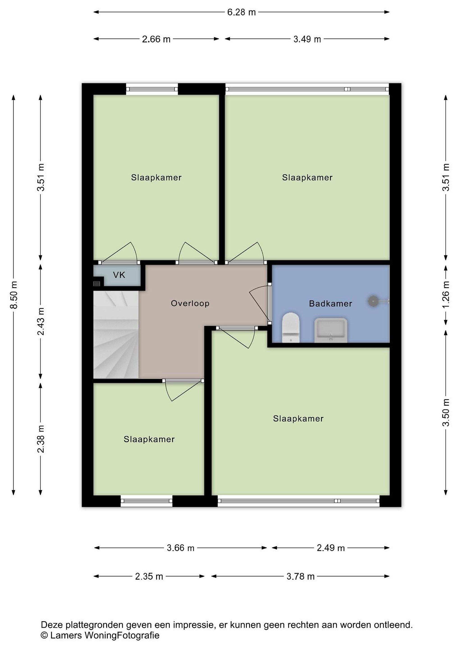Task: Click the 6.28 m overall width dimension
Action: click(x=241, y=12)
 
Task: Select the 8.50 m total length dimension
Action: click(x=14, y=295)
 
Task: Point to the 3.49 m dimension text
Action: click(x=307, y=39)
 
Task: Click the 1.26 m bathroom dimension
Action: click(x=446, y=295)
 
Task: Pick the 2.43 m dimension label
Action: click(x=41, y=321)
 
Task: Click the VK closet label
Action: click(x=119, y=275)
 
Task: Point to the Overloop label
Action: click(x=190, y=303)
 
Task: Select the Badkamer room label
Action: click(x=330, y=304)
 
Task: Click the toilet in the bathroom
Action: click(x=291, y=327)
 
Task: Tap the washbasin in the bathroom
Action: click(x=331, y=330)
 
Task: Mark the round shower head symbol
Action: click(x=374, y=301)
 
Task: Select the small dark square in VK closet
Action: click(x=97, y=283)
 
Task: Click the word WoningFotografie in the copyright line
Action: click(x=122, y=628)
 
